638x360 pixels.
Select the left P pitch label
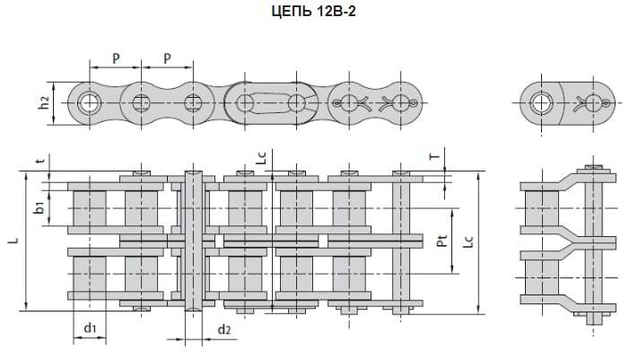pos(116,58)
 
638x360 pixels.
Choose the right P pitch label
pos(167,58)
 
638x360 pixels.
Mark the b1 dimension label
pos(39,207)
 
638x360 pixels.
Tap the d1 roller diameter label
pos(90,329)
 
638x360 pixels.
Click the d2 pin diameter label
pos(224,329)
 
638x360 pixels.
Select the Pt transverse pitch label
pos(442,241)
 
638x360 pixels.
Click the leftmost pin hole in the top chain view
pos(89,101)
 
